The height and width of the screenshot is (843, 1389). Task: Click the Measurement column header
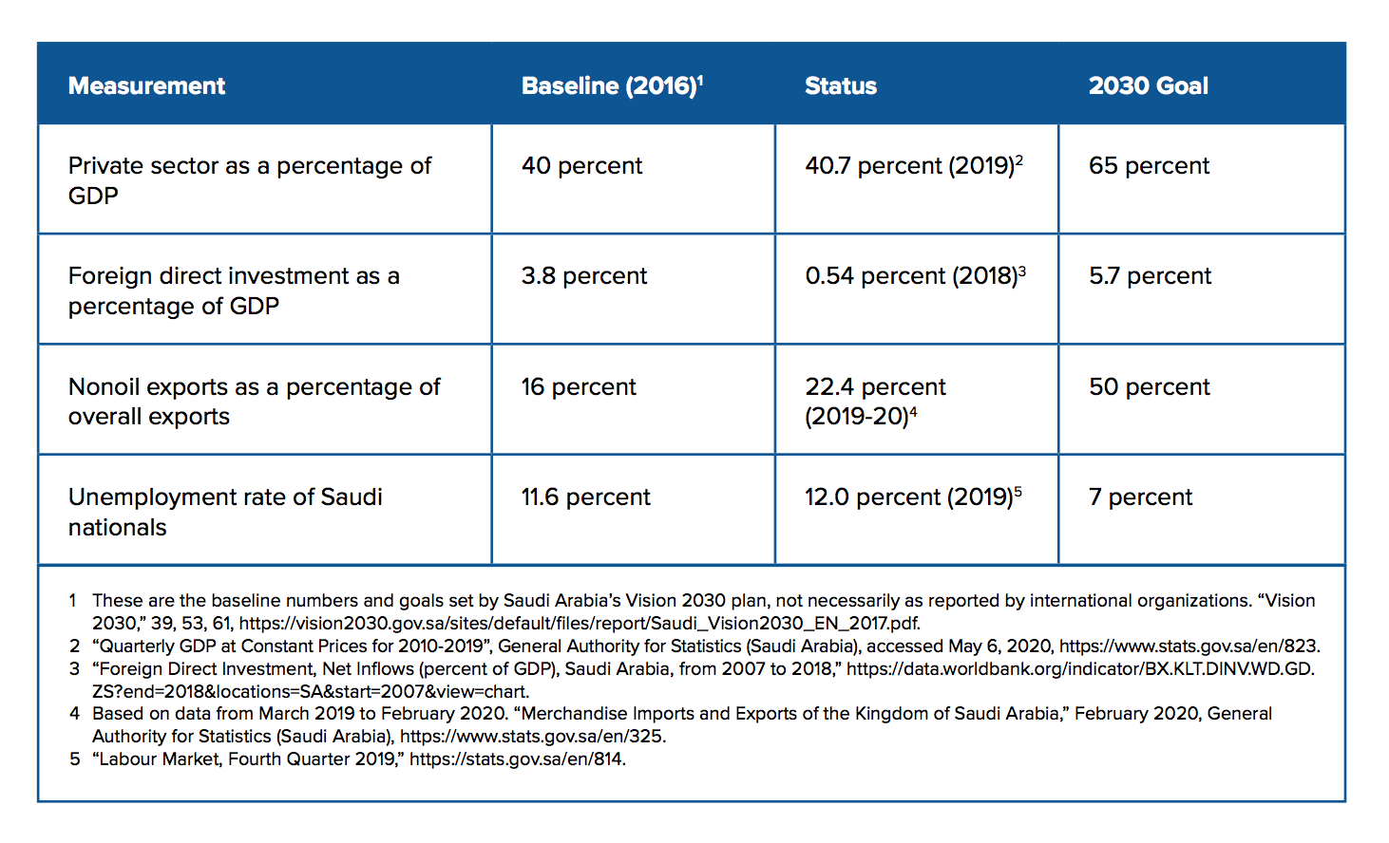pos(146,86)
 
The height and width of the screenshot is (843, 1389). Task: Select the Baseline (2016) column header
pos(611,86)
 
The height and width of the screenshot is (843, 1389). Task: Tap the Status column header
pos(840,86)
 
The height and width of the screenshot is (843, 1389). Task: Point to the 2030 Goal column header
pos(1148,86)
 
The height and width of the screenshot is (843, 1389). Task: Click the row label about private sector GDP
pos(249,180)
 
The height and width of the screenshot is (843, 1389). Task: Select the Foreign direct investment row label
pos(234,290)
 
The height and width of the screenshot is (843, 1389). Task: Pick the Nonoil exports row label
pos(254,402)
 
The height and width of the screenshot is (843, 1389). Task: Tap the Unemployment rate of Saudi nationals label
pos(225,512)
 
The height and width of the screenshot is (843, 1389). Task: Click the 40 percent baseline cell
pos(581,166)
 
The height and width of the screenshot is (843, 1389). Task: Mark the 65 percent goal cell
pos(1149,166)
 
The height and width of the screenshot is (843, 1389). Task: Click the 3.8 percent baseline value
pos(583,276)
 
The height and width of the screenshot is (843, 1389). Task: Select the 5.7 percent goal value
pos(1150,276)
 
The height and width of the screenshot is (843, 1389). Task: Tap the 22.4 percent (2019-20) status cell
pos(875,402)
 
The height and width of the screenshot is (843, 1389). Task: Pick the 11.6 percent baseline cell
pos(585,497)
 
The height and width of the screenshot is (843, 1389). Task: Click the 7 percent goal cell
pos(1140,497)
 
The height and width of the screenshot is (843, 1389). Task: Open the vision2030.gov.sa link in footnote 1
pos(578,624)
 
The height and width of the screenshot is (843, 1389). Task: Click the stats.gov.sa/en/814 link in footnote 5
pos(517,759)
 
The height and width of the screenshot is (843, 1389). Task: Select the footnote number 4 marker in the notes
pos(74,714)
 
